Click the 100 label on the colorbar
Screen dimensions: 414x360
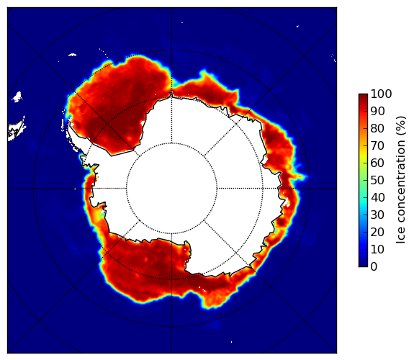(x=381, y=94)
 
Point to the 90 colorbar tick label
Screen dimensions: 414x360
(x=377, y=111)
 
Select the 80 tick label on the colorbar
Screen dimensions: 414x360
(x=377, y=128)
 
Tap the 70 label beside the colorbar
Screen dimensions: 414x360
(x=377, y=145)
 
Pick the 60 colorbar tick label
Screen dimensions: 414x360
(x=377, y=163)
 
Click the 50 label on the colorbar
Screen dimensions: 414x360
(x=377, y=180)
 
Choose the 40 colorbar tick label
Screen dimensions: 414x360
(x=377, y=197)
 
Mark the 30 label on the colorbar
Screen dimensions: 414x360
(x=377, y=215)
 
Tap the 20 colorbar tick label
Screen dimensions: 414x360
(x=377, y=232)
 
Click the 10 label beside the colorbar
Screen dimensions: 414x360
(x=377, y=249)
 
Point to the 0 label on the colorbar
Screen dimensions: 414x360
(x=374, y=266)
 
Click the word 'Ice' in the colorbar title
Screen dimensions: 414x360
(x=400, y=236)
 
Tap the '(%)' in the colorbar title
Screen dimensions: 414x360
(x=400, y=126)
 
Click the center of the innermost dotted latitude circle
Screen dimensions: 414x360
(x=171, y=189)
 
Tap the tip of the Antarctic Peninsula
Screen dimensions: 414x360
(x=69, y=123)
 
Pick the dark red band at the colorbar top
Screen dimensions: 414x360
(x=363, y=96)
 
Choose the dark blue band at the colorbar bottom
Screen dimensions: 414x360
(x=363, y=264)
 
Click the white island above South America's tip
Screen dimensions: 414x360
(x=17, y=96)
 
